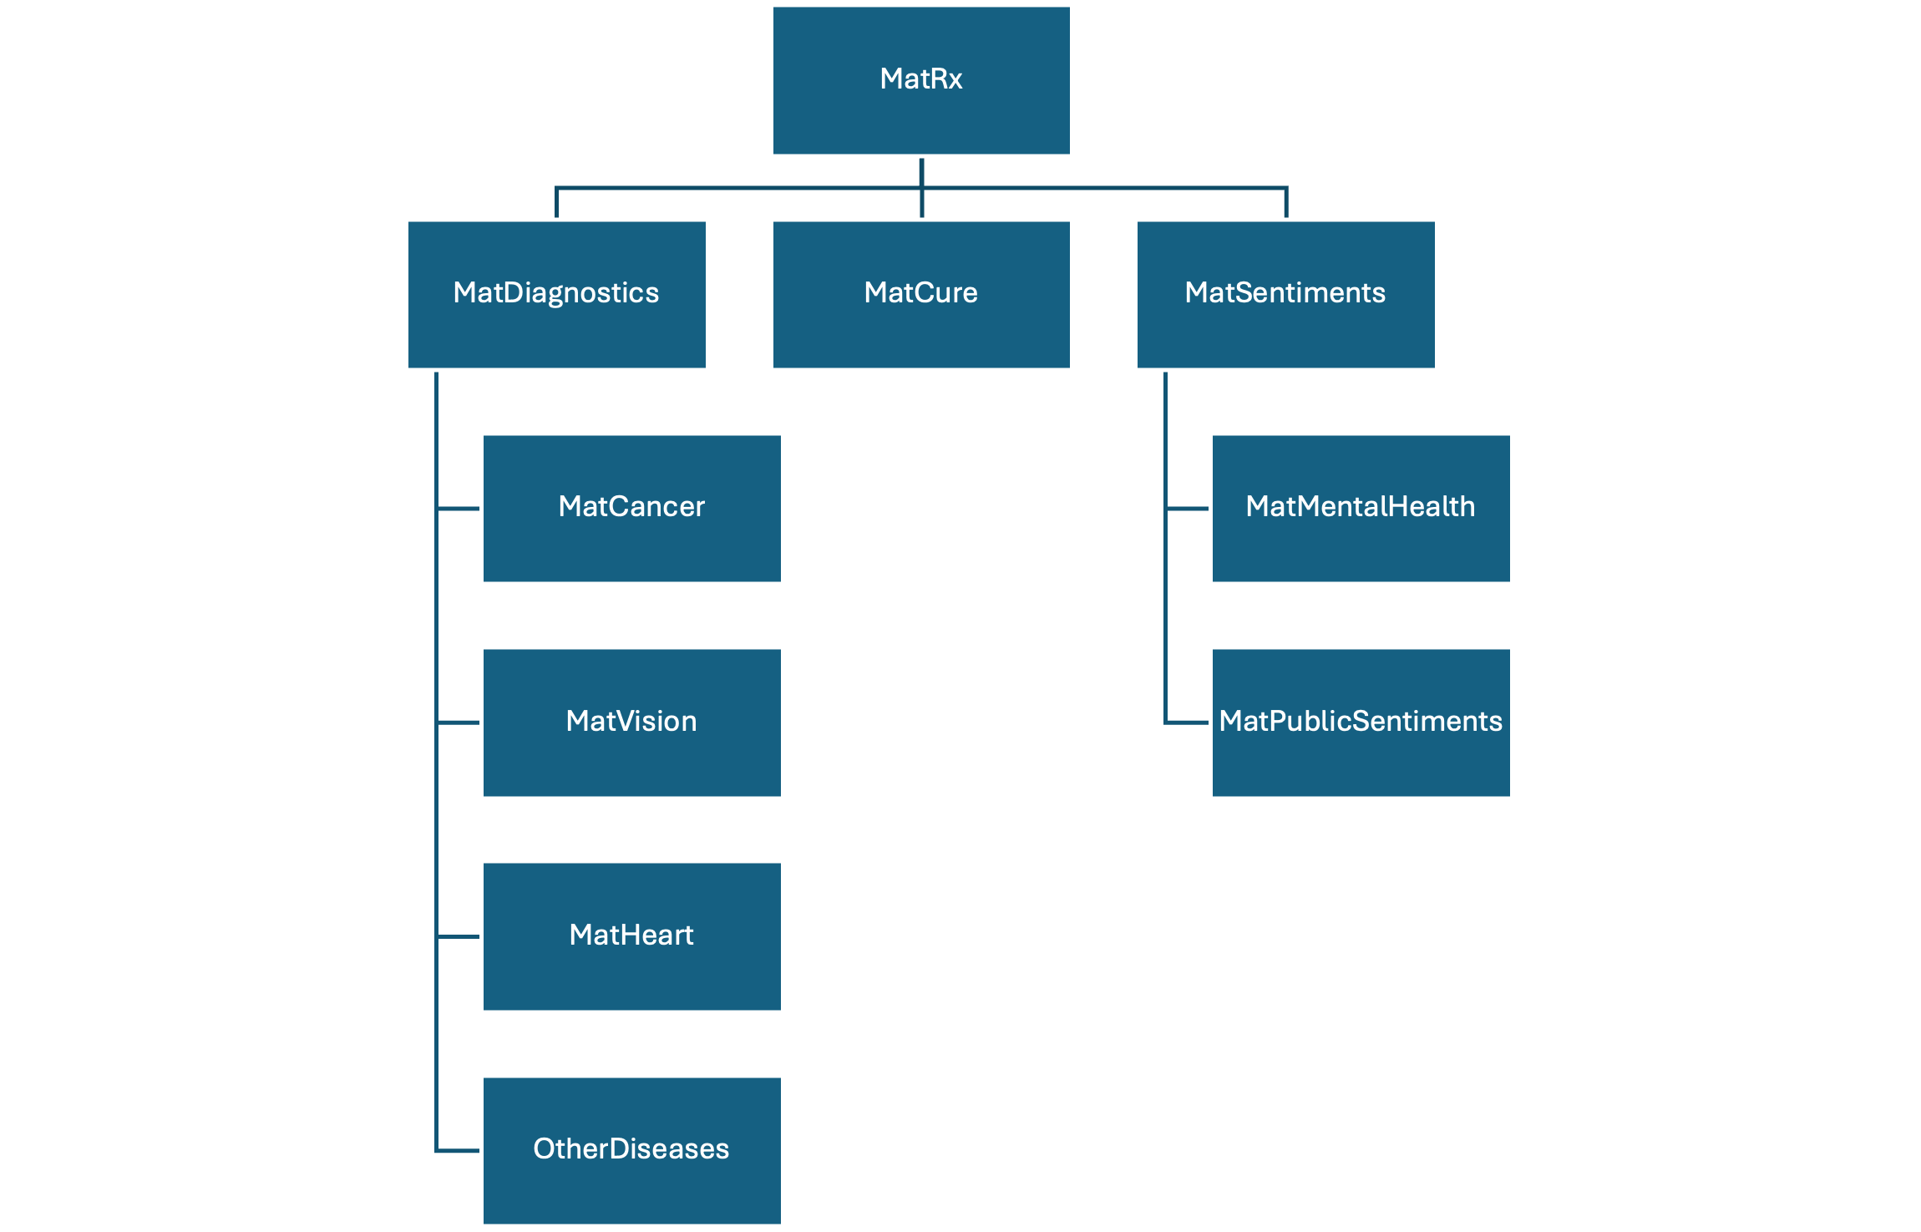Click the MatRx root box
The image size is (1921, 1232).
tap(921, 80)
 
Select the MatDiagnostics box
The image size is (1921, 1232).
tap(557, 294)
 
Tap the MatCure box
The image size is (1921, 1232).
tap(921, 294)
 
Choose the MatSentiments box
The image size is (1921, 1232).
tap(1286, 294)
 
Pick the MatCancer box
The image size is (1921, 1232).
tap(632, 508)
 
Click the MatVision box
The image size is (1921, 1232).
tap(632, 722)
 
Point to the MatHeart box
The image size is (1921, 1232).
tap(632, 936)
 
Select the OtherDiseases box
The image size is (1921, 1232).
tap(632, 1150)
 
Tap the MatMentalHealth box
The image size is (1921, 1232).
tap(1361, 508)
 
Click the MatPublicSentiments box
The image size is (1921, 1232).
tap(1361, 722)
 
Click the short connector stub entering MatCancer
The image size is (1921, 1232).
tap(458, 508)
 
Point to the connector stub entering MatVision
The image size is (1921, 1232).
tap(458, 722)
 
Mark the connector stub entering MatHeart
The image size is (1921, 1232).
tap(458, 936)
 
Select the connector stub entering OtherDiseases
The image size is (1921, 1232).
tap(458, 1150)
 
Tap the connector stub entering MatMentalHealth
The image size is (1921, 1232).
tap(1187, 508)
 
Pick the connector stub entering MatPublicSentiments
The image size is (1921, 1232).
tap(1187, 722)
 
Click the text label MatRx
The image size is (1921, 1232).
tap(921, 79)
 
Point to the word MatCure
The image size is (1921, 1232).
tap(921, 292)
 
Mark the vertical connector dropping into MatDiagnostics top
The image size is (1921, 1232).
tap(557, 202)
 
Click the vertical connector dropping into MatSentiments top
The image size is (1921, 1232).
tap(1286, 202)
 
